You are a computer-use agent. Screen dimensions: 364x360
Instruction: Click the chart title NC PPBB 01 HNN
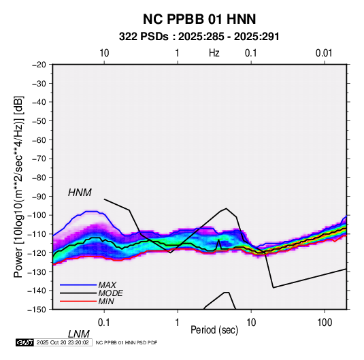coord(199,19)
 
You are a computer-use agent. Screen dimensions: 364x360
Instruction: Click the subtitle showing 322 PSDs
coord(199,37)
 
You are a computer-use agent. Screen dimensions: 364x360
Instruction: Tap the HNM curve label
coord(80,193)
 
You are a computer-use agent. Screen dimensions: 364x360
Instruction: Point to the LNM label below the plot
coord(78,334)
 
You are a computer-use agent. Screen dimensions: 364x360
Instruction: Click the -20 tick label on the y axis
coord(39,65)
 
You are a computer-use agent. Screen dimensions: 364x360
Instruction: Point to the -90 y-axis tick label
coord(39,197)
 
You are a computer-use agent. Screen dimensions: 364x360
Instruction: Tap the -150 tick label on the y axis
coord(37,310)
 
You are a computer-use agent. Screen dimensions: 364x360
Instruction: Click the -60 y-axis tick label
coord(39,140)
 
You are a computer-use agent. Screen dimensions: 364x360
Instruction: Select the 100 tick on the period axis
coord(325,322)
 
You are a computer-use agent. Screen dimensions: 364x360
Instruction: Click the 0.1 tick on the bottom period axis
coord(104,322)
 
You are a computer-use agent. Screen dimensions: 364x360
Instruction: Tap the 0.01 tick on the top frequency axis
coord(324,53)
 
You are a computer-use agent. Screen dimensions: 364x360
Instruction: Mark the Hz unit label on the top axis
coord(214,53)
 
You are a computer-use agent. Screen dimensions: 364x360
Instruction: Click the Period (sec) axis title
coord(214,330)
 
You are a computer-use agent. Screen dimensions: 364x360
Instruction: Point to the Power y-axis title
coord(18,186)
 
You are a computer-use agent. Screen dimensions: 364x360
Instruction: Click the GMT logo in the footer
coord(25,342)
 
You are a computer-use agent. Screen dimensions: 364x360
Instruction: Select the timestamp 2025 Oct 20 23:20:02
coord(63,342)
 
